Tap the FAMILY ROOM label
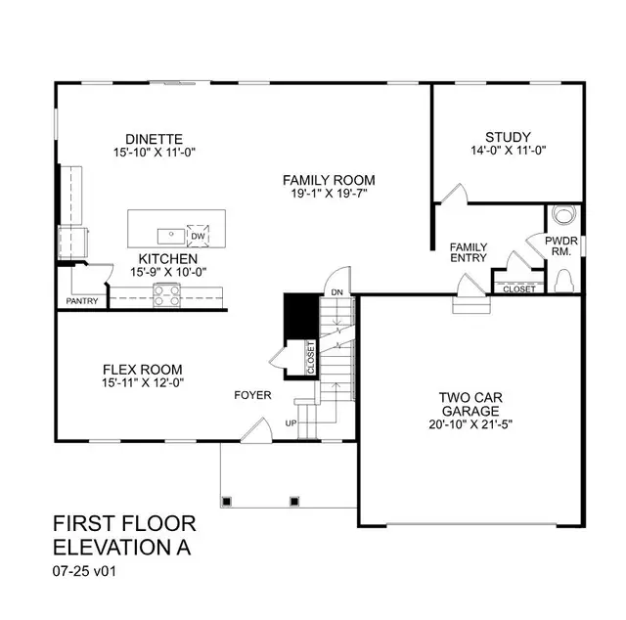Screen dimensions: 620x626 329,180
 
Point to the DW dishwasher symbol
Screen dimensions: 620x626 197,237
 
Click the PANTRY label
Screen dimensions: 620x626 82,301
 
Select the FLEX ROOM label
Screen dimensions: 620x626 143,370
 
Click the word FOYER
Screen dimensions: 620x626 252,395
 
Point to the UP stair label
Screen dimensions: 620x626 290,423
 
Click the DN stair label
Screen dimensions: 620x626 335,292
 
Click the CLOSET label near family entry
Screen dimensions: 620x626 518,289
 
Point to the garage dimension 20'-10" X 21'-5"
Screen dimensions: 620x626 471,424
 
